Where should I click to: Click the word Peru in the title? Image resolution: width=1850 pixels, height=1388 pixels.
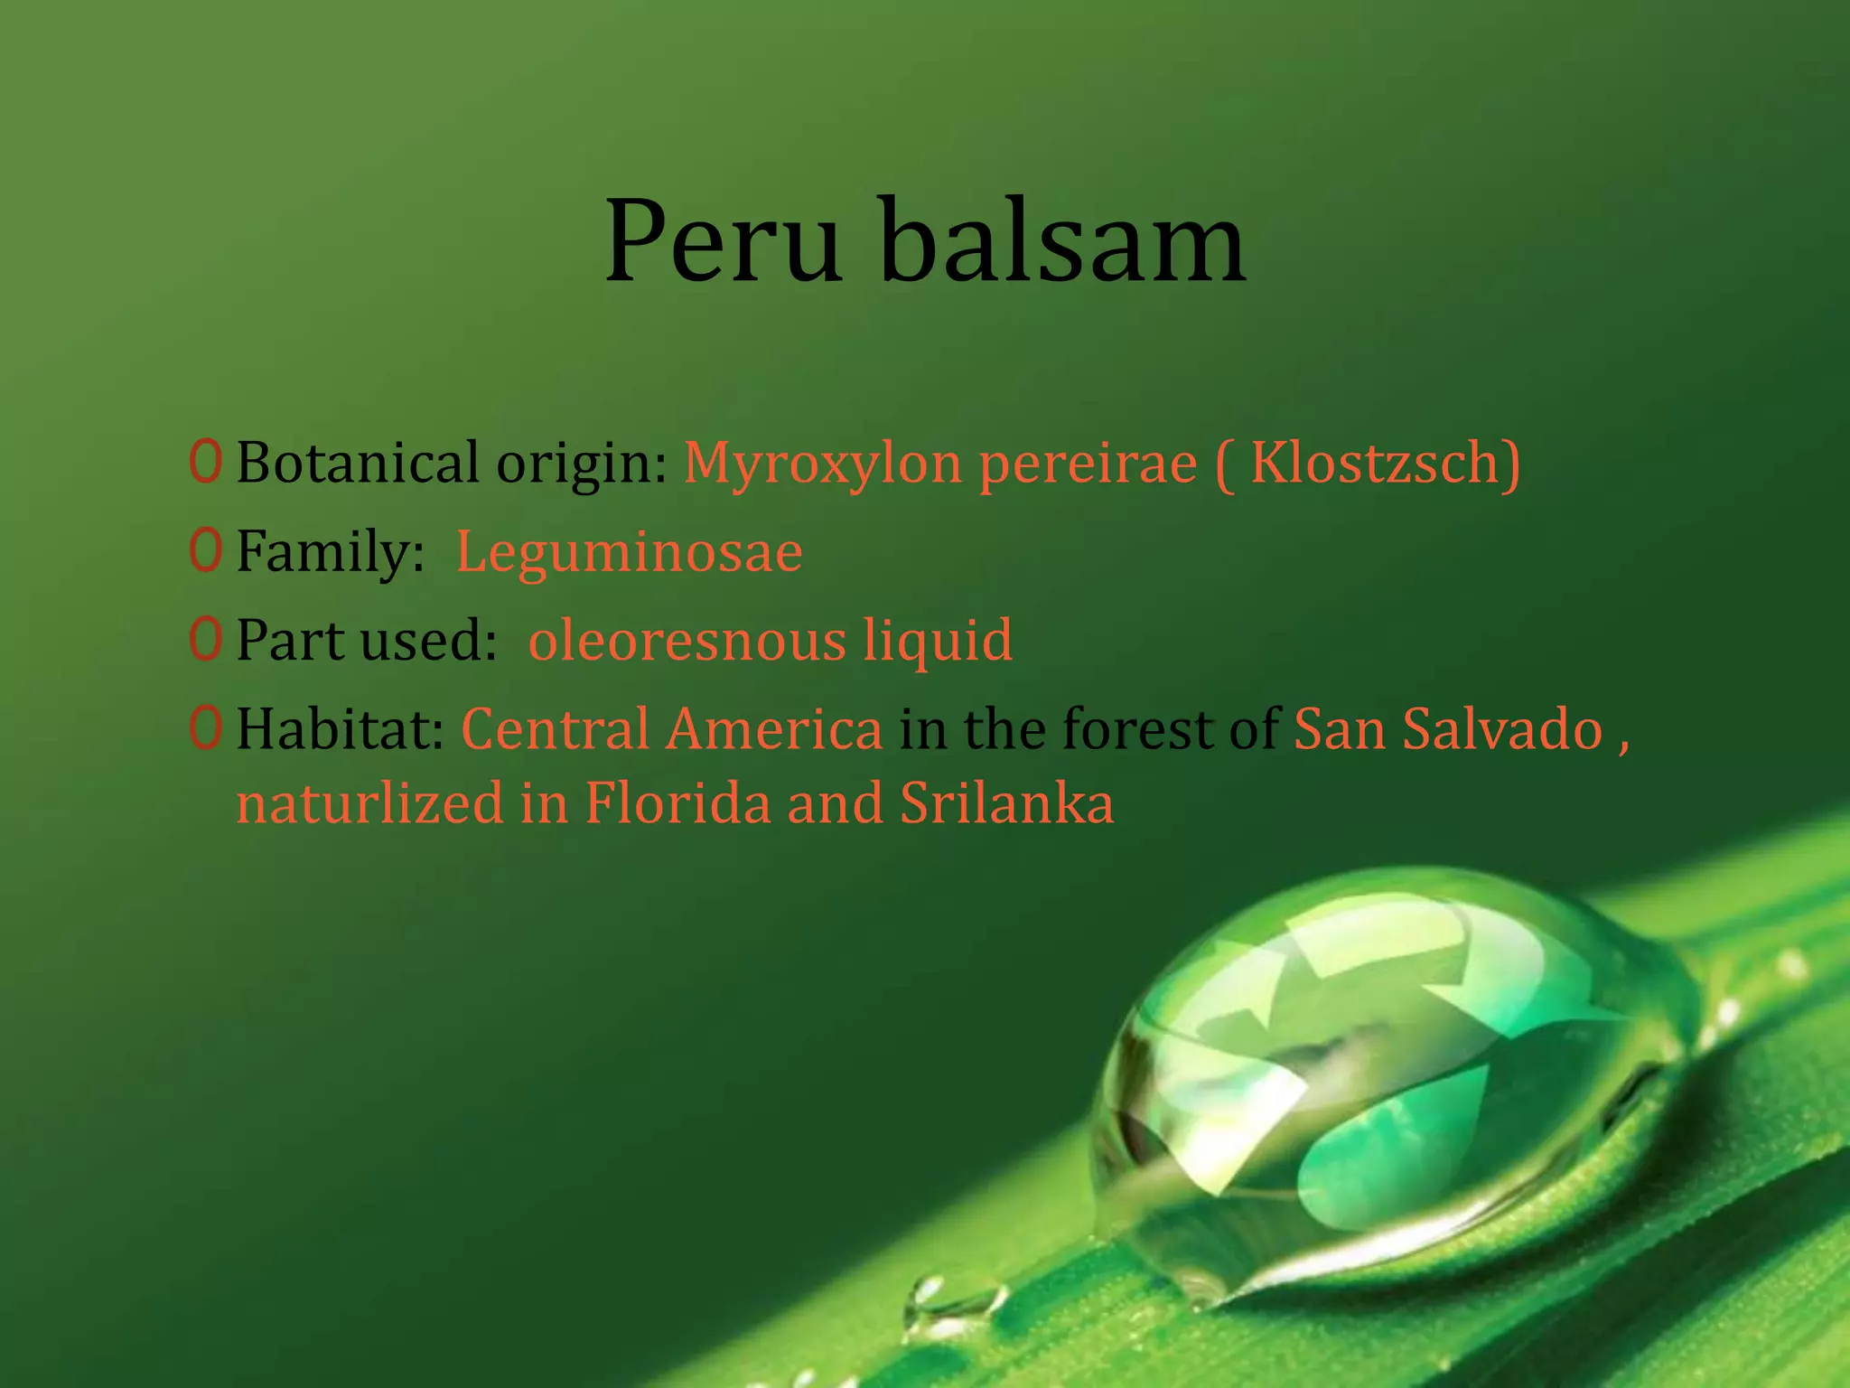pos(723,242)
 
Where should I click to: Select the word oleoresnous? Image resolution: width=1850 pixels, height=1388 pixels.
pos(687,640)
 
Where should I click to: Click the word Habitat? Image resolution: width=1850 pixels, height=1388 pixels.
pos(340,728)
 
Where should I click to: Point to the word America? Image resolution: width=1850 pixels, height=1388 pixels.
pos(773,728)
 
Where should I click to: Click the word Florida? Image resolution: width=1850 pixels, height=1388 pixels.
pos(677,802)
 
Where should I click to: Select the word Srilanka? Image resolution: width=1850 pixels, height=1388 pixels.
pos(1006,802)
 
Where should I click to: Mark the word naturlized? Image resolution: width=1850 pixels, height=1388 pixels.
pos(369,802)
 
